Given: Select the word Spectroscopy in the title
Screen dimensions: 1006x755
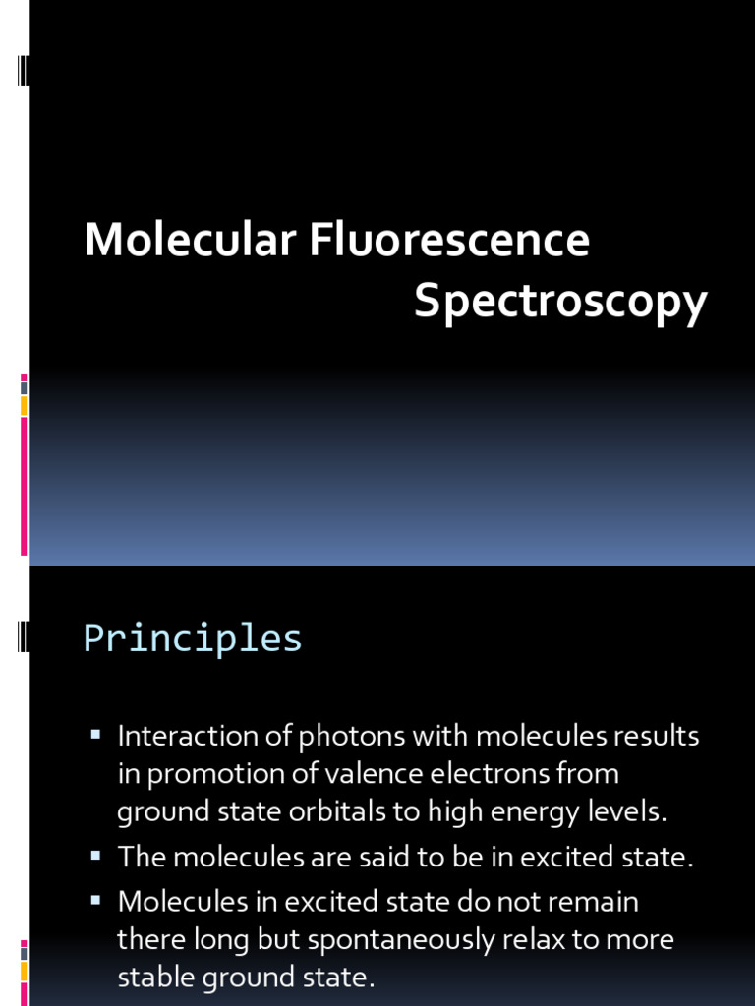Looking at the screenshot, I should [x=560, y=302].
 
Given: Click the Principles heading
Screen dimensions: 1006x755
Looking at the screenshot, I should [x=193, y=639].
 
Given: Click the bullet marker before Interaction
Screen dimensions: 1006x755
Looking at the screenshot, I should [x=96, y=733].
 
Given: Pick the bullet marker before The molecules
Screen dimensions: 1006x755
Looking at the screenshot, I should [x=96, y=855].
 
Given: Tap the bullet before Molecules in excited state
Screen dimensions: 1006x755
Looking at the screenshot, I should [x=96, y=899].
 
